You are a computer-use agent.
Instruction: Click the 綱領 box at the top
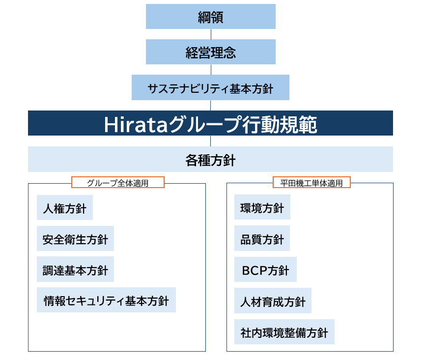[211, 16]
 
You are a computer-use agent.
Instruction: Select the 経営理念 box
[211, 52]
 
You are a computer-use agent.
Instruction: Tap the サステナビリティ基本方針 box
[210, 87]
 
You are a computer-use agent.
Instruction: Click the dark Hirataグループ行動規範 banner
[210, 123]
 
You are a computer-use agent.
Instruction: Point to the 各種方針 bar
[210, 159]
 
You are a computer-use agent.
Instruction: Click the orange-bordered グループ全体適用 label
[118, 182]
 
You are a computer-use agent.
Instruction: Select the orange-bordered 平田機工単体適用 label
[311, 182]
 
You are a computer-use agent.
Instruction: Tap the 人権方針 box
[65, 207]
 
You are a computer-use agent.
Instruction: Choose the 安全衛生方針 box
[75, 238]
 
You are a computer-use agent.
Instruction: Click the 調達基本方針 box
[75, 269]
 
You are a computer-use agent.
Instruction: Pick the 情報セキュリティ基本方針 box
[106, 300]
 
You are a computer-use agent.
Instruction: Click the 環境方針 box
[262, 207]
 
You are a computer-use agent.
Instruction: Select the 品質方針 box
[262, 238]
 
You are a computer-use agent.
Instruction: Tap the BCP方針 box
[265, 270]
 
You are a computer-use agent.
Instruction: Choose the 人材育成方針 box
[273, 301]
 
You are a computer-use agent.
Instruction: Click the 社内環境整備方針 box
[284, 332]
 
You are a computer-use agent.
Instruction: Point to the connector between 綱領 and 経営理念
[211, 34]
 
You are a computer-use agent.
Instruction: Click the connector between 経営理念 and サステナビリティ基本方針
[211, 70]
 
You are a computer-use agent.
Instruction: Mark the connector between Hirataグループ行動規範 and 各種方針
[210, 141]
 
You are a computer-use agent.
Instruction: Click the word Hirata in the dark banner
[136, 125]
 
